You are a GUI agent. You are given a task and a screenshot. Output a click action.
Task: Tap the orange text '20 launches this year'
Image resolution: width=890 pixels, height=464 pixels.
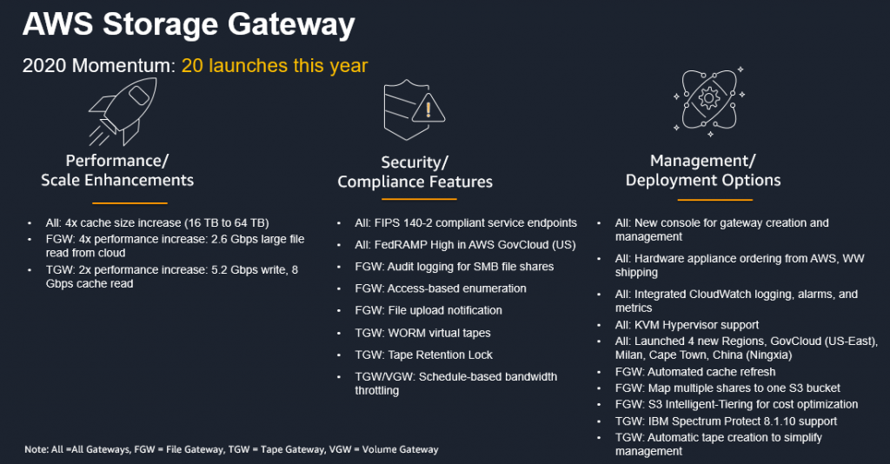pyautogui.click(x=274, y=66)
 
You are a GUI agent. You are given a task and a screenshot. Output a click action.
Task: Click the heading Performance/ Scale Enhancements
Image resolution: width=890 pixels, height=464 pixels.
pyautogui.click(x=117, y=170)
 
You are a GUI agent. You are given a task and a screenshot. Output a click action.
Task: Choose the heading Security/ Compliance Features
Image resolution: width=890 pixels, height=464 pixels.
pyautogui.click(x=415, y=172)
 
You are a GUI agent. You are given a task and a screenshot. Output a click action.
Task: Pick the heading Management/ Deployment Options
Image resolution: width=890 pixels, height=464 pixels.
pyautogui.click(x=703, y=170)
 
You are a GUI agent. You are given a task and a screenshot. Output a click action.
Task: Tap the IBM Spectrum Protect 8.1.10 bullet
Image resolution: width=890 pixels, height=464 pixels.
pyautogui.click(x=726, y=421)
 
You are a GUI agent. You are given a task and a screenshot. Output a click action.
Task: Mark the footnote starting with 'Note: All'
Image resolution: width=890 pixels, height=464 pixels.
pyautogui.click(x=231, y=449)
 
